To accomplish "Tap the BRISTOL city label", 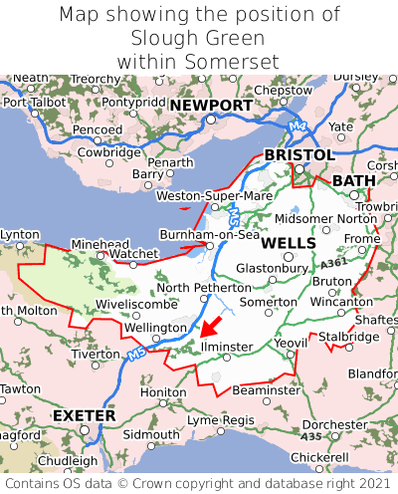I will point(298,155).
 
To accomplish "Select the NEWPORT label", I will point(210,105).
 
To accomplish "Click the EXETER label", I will point(84,414).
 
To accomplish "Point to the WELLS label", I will point(289,243).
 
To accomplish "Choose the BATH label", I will point(354,180).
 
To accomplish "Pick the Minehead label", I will point(100,244).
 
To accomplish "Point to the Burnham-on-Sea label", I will point(210,235).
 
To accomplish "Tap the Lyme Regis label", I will point(221,420).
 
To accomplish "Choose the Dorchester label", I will point(334,424).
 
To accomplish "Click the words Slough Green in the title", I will point(199,39).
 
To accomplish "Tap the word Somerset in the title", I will point(230,62).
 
